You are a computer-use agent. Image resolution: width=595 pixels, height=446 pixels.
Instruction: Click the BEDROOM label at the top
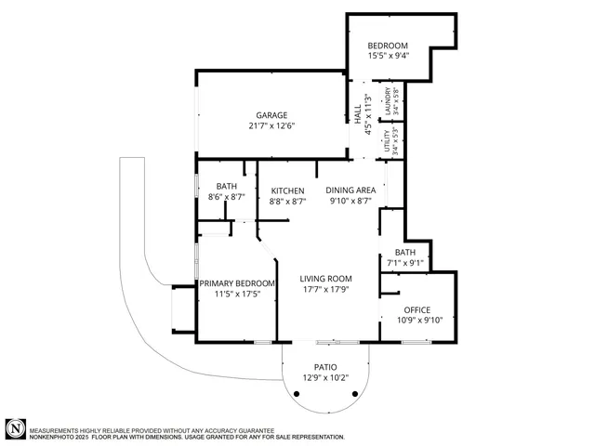tap(388, 46)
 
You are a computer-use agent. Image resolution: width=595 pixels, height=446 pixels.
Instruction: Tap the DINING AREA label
tap(350, 190)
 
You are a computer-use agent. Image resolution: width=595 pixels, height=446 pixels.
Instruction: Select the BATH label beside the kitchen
tap(227, 186)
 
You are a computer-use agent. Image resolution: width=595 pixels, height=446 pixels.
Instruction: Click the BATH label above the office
tap(405, 252)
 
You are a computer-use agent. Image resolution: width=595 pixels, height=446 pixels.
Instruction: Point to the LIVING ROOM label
tap(325, 279)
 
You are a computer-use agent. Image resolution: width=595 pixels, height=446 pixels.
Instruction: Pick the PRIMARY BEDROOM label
tap(237, 283)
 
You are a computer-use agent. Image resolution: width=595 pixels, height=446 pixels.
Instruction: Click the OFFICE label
tap(417, 309)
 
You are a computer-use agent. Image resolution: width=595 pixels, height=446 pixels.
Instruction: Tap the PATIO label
tap(325, 367)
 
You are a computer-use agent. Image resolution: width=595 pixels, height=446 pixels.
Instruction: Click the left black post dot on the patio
tap(297, 394)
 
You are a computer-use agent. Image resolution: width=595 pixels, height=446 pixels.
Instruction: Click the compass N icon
tap(15, 428)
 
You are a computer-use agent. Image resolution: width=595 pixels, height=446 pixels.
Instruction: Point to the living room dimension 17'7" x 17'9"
tap(325, 289)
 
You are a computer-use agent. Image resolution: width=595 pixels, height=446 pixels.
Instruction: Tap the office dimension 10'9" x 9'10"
tap(417, 321)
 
